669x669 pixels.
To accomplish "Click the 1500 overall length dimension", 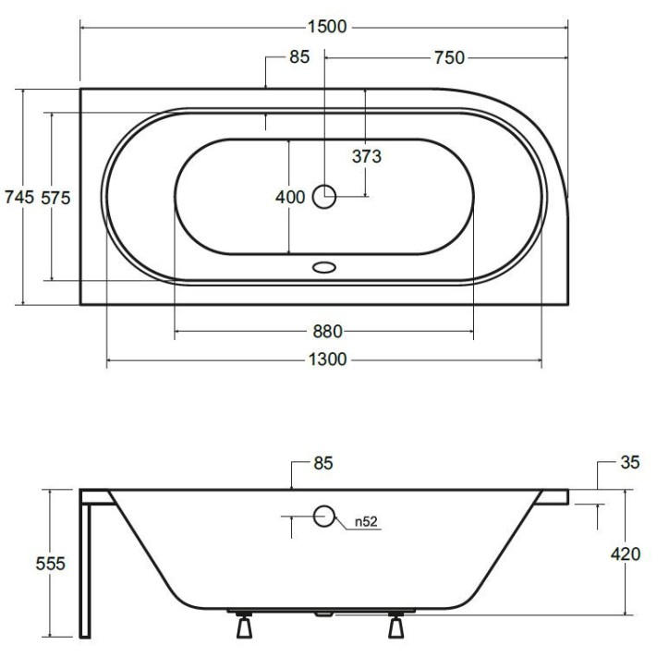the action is point(327,27).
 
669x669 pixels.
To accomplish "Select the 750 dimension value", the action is point(449,57).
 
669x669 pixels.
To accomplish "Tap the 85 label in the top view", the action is point(299,56).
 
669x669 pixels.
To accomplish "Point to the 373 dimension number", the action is point(367,156).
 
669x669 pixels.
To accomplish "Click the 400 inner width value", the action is point(290,197).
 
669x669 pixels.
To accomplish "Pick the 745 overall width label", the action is point(19,197).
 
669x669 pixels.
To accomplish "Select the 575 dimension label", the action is point(55,198).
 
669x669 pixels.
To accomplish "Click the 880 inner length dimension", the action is point(327,332).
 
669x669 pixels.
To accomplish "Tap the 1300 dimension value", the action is point(327,359).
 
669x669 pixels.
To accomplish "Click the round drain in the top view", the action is point(324,197).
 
